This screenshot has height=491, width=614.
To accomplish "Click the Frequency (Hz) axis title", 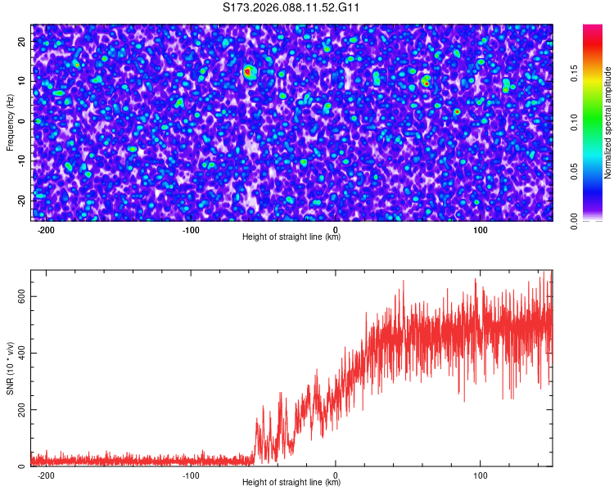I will [x=10, y=122].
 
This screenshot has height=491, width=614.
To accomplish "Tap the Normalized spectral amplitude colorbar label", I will [x=608, y=122].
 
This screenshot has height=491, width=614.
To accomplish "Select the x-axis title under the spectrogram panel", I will [x=291, y=237].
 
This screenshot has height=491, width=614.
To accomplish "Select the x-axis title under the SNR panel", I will [x=291, y=483].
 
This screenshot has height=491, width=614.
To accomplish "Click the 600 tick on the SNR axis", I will [x=20, y=296].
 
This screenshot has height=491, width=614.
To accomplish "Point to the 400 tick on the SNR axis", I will [x=20, y=353].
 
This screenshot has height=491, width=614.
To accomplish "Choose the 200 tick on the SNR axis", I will [x=20, y=409].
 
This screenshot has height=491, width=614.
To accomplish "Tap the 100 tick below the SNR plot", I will [x=481, y=475].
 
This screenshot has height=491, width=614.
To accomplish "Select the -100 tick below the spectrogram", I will [x=191, y=230].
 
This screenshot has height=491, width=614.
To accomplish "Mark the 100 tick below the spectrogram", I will [x=481, y=230].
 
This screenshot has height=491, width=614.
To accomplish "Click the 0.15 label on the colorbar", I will [x=575, y=74].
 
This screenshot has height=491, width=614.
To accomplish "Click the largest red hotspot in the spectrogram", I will [x=248, y=72].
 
